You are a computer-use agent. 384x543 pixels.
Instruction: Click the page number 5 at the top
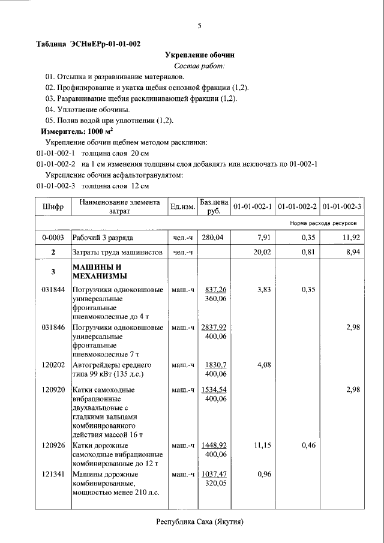point(199,25)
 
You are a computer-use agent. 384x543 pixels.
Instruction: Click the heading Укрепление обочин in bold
point(199,55)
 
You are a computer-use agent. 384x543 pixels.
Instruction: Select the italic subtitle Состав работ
point(199,65)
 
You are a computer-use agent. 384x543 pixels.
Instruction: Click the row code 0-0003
point(53,238)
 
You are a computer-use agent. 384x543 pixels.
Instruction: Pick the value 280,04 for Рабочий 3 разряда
point(212,238)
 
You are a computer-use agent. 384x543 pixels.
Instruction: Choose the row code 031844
point(53,290)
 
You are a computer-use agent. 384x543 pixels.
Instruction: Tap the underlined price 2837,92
point(214,328)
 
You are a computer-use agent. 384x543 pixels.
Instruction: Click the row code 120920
point(53,390)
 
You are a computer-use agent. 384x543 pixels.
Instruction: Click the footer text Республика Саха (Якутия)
point(199,522)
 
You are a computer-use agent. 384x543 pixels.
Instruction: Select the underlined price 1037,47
point(215,474)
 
